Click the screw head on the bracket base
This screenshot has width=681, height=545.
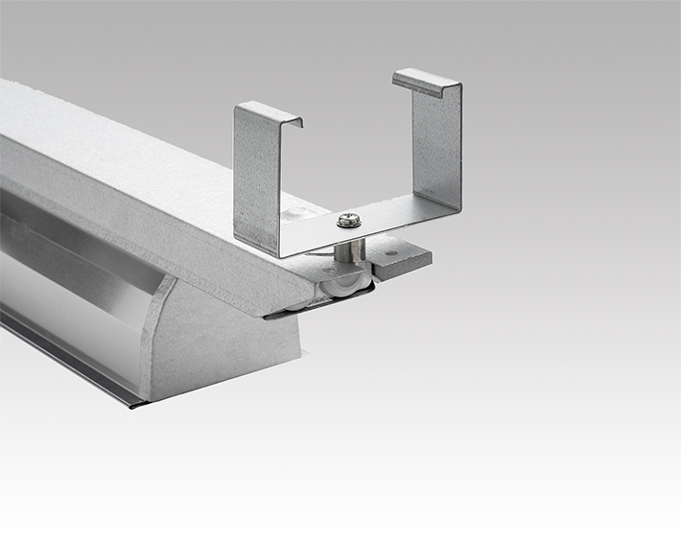tap(348, 219)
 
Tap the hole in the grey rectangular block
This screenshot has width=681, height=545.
tap(392, 256)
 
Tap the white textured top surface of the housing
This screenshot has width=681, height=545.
tap(115, 144)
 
